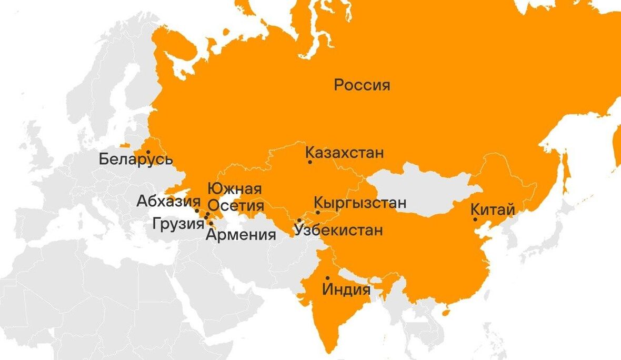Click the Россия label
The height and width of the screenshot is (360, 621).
pyautogui.click(x=362, y=85)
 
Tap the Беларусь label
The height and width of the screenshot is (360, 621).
pyautogui.click(x=135, y=158)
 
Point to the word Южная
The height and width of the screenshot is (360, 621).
pyautogui.click(x=235, y=188)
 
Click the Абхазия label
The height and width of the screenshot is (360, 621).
pyautogui.click(x=168, y=201)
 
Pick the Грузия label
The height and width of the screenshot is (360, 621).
pyautogui.click(x=178, y=224)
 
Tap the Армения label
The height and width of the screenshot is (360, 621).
pyautogui.click(x=241, y=235)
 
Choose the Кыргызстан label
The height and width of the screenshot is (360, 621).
pyautogui.click(x=360, y=203)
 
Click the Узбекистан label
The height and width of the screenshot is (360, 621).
pyautogui.click(x=338, y=230)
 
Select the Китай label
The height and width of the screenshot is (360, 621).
pyautogui.click(x=493, y=209)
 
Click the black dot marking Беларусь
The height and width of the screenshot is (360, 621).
pyautogui.click(x=148, y=152)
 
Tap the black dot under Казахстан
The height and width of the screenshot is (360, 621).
pyautogui.click(x=310, y=162)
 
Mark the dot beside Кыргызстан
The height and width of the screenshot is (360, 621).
pyautogui.click(x=318, y=213)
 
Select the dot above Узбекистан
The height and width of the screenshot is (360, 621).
pyautogui.click(x=299, y=221)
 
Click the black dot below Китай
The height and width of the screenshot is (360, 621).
pyautogui.click(x=475, y=219)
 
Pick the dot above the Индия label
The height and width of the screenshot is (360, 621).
pyautogui.click(x=327, y=278)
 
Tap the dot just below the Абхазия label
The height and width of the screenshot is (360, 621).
pyautogui.click(x=197, y=211)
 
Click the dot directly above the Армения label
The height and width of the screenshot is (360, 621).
pyautogui.click(x=211, y=224)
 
